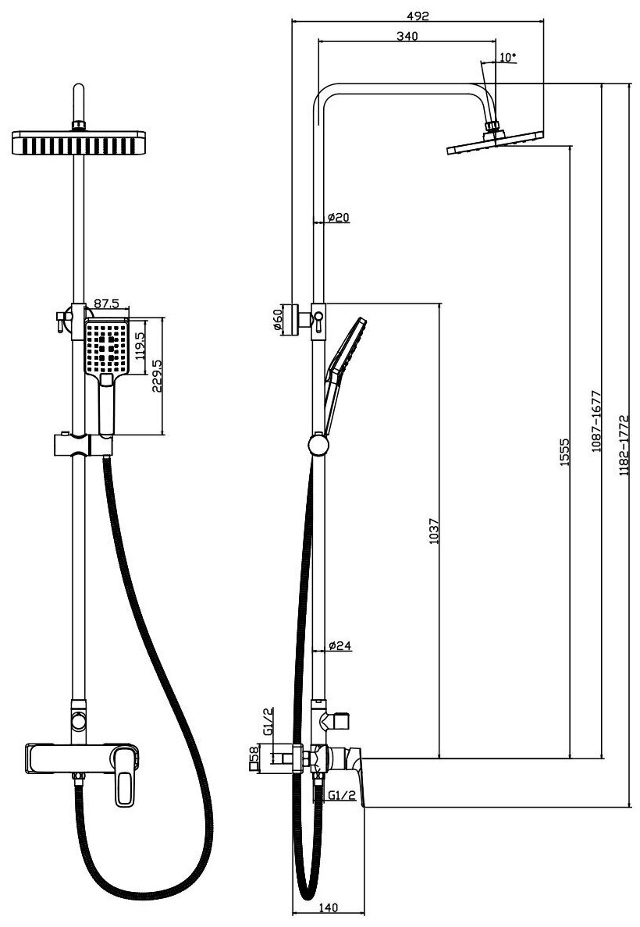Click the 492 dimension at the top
click(418, 14)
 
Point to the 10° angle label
click(507, 57)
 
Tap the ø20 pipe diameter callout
click(338, 217)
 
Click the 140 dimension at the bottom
click(328, 907)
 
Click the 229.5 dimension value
click(156, 376)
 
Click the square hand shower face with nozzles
click(106, 346)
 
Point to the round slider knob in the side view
click(318, 446)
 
